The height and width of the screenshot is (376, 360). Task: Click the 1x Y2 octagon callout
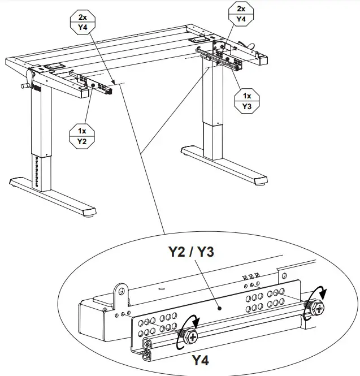click(x=81, y=136)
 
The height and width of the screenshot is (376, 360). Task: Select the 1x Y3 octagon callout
click(x=247, y=100)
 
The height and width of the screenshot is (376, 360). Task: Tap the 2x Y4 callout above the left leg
click(x=83, y=23)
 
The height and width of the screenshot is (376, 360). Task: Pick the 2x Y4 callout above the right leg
click(x=241, y=14)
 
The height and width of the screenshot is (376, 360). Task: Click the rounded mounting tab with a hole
click(x=120, y=293)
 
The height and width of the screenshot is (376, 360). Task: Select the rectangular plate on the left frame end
click(x=54, y=66)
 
